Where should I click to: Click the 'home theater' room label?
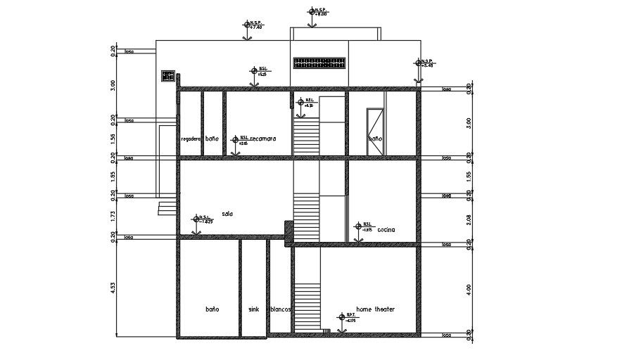pyautogui.click(x=375, y=309)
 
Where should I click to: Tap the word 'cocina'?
pyautogui.click(x=386, y=230)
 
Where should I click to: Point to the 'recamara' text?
pyautogui.click(x=262, y=139)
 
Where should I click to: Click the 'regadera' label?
pyautogui.click(x=191, y=139)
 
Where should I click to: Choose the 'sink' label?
pyautogui.click(x=253, y=309)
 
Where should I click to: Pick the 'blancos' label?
pyautogui.click(x=281, y=309)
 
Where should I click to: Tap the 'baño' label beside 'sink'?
pyautogui.click(x=212, y=309)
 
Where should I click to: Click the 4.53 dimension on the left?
pyautogui.click(x=113, y=289)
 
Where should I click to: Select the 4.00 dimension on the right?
pyautogui.click(x=469, y=289)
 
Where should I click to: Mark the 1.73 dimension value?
pyautogui.click(x=113, y=217)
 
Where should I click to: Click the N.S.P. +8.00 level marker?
pyautogui.click(x=312, y=11)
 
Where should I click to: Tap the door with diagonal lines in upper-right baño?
pyautogui.click(x=375, y=131)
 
